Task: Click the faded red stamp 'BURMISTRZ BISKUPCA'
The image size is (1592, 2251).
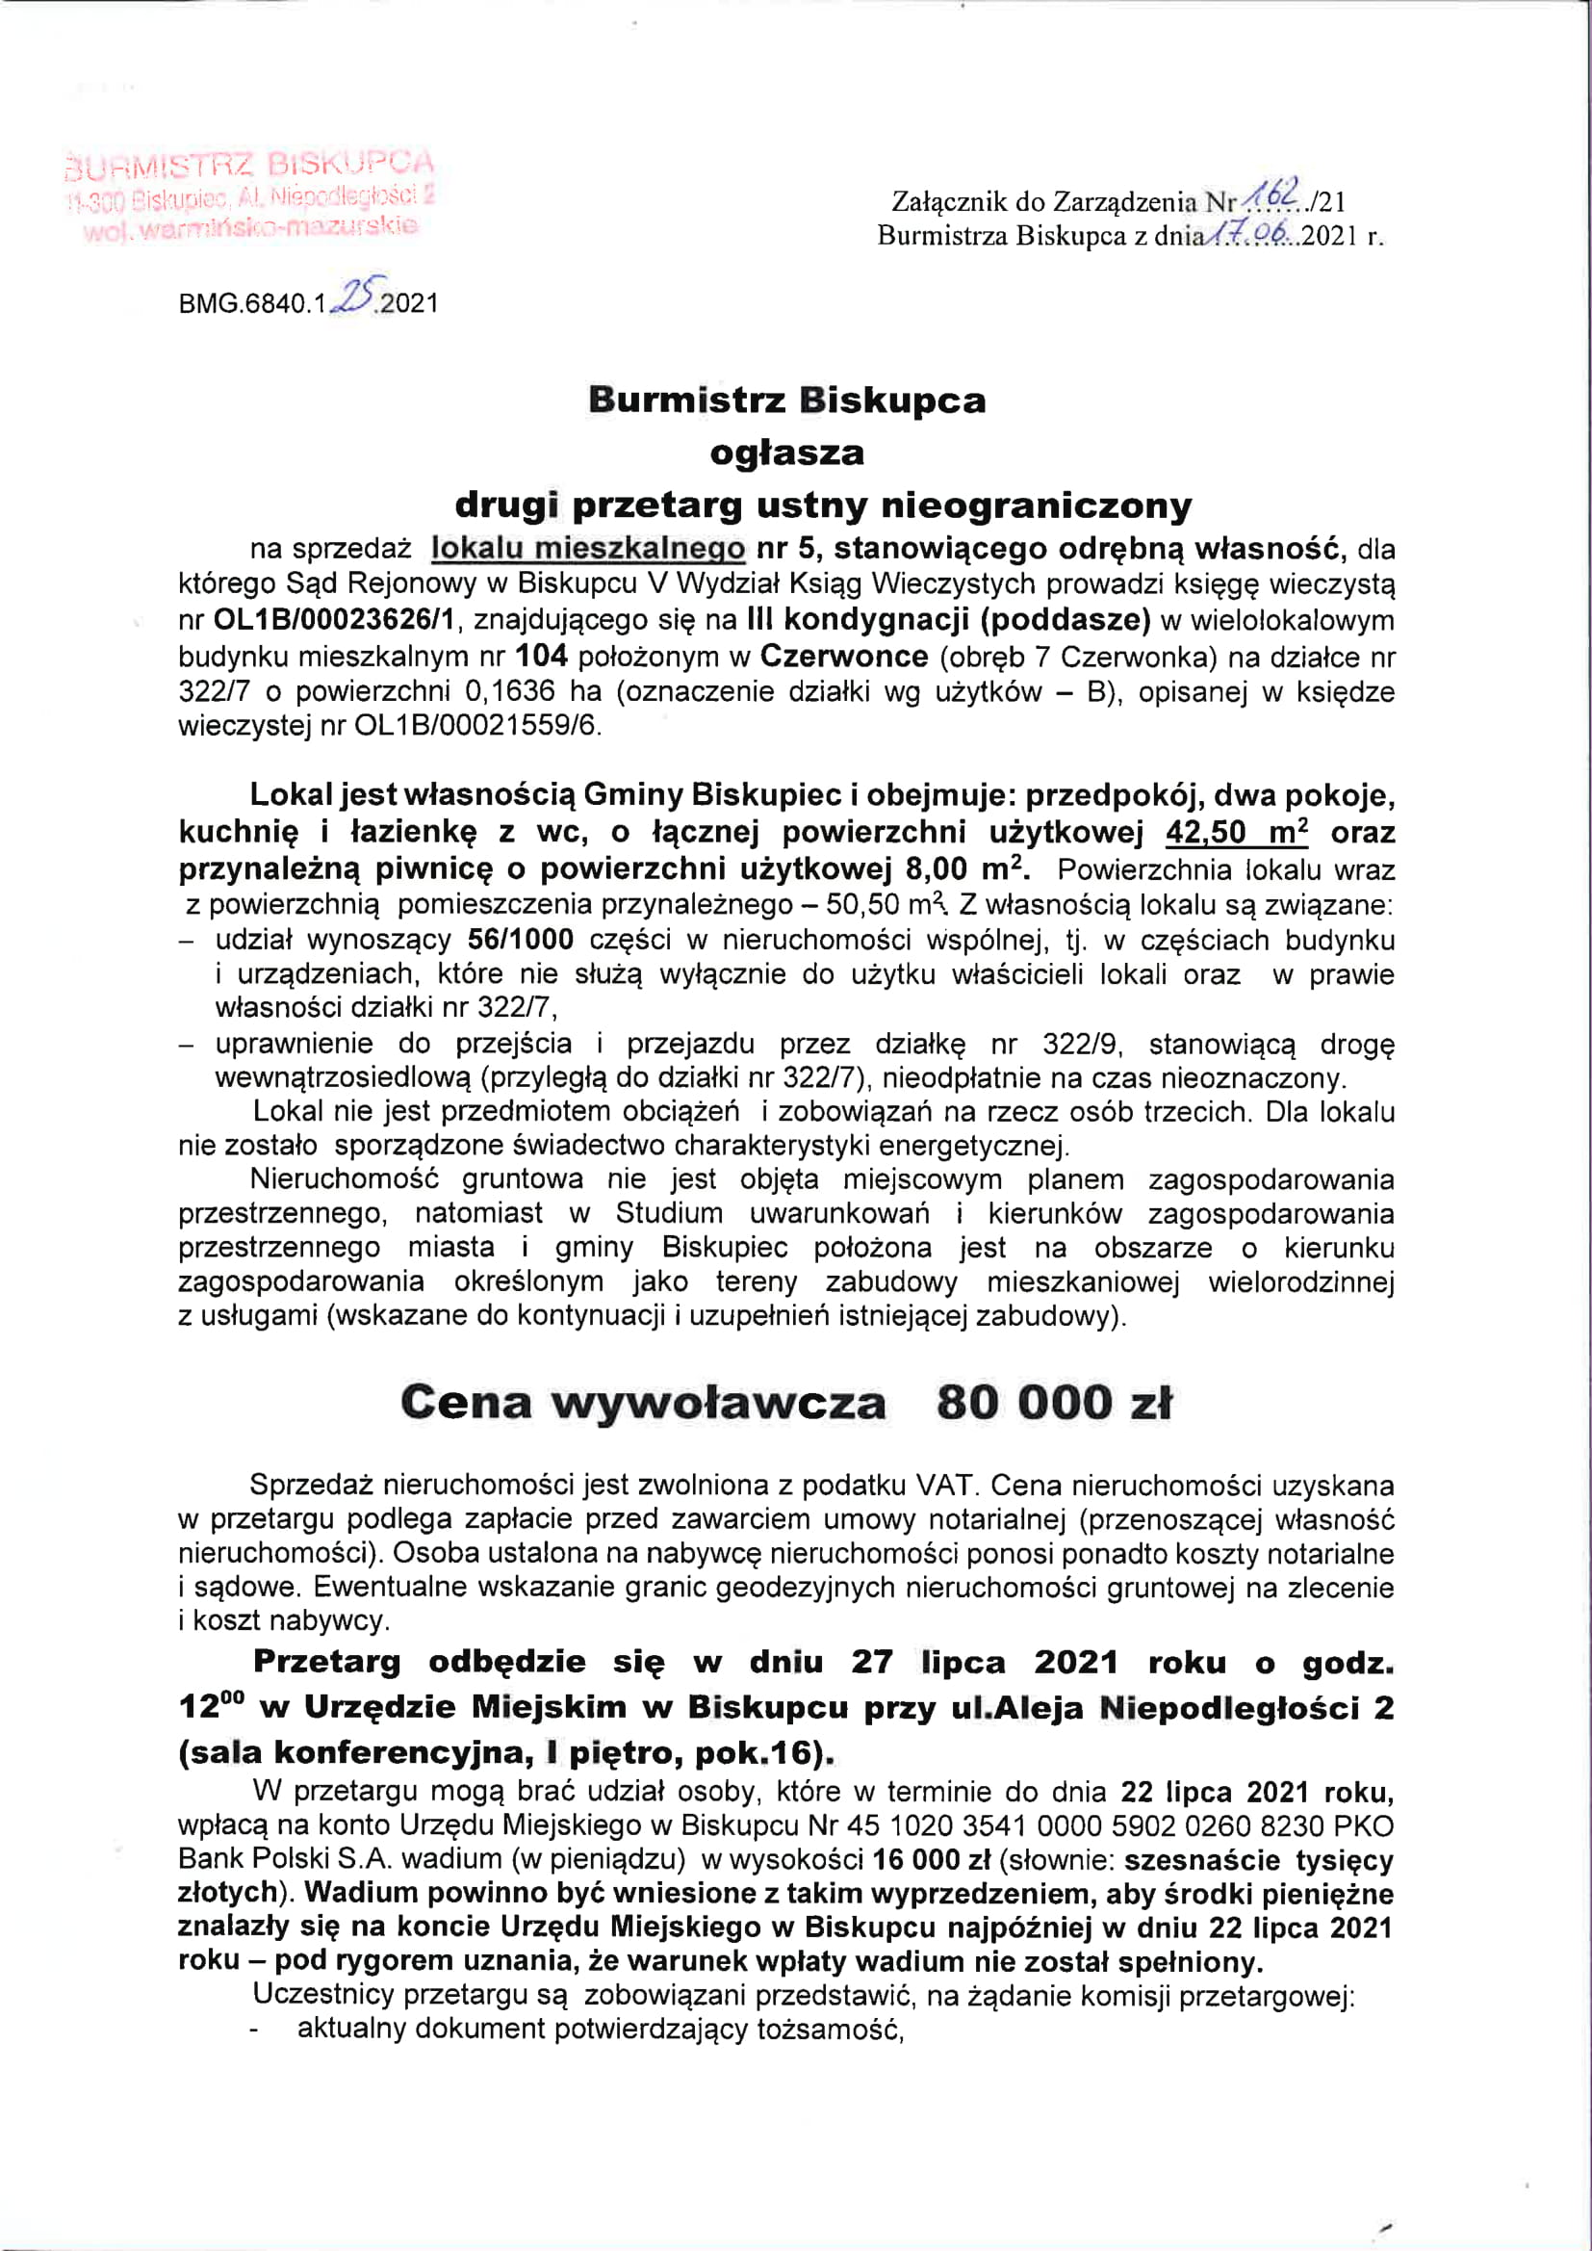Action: (249, 163)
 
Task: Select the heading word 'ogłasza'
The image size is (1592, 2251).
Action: (787, 453)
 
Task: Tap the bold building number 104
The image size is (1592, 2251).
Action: (541, 655)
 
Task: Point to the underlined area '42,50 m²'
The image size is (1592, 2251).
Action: (1236, 832)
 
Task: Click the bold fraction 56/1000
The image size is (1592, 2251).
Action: (521, 940)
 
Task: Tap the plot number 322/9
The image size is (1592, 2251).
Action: (1082, 1044)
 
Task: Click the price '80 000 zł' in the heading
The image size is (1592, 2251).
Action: (1054, 1402)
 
